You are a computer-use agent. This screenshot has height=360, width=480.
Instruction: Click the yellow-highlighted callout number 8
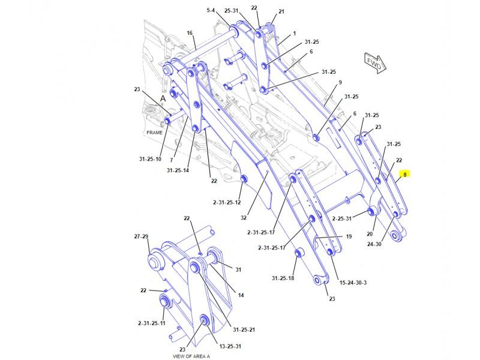point(405,175)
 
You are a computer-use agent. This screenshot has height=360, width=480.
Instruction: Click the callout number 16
point(190,33)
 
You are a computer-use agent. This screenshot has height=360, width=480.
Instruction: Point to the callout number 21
point(281,11)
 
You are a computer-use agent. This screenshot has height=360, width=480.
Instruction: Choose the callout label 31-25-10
point(149,159)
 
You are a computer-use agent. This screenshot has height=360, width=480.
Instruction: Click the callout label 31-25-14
point(178,170)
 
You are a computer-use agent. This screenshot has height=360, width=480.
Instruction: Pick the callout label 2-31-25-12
point(226,202)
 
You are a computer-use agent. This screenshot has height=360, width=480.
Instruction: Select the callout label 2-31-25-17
point(260,232)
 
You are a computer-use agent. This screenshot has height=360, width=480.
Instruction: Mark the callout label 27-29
point(140,237)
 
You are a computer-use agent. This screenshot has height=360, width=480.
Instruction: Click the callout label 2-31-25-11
point(151,323)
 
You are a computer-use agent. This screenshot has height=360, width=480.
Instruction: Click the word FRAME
point(155,132)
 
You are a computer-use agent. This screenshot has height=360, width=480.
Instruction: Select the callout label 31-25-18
point(283,278)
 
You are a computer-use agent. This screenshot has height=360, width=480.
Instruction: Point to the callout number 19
point(348,236)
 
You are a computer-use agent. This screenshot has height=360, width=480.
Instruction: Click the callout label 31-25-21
point(244,329)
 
